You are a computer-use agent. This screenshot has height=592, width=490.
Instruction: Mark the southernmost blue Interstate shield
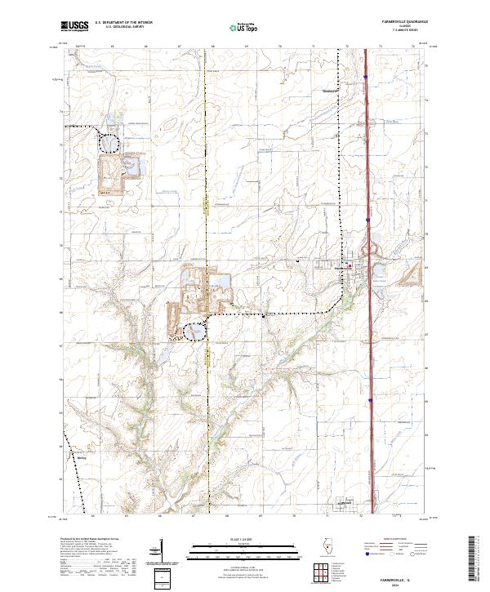click(370, 400)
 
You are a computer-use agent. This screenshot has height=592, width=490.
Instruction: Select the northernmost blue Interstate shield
click(367, 78)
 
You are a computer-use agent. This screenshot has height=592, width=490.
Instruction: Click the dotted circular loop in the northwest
click(109, 142)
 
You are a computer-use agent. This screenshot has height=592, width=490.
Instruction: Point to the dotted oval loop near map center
click(194, 332)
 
